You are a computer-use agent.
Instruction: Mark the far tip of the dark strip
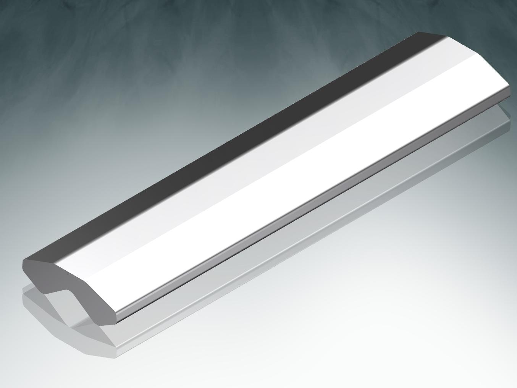420,33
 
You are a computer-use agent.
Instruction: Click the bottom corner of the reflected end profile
115,357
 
